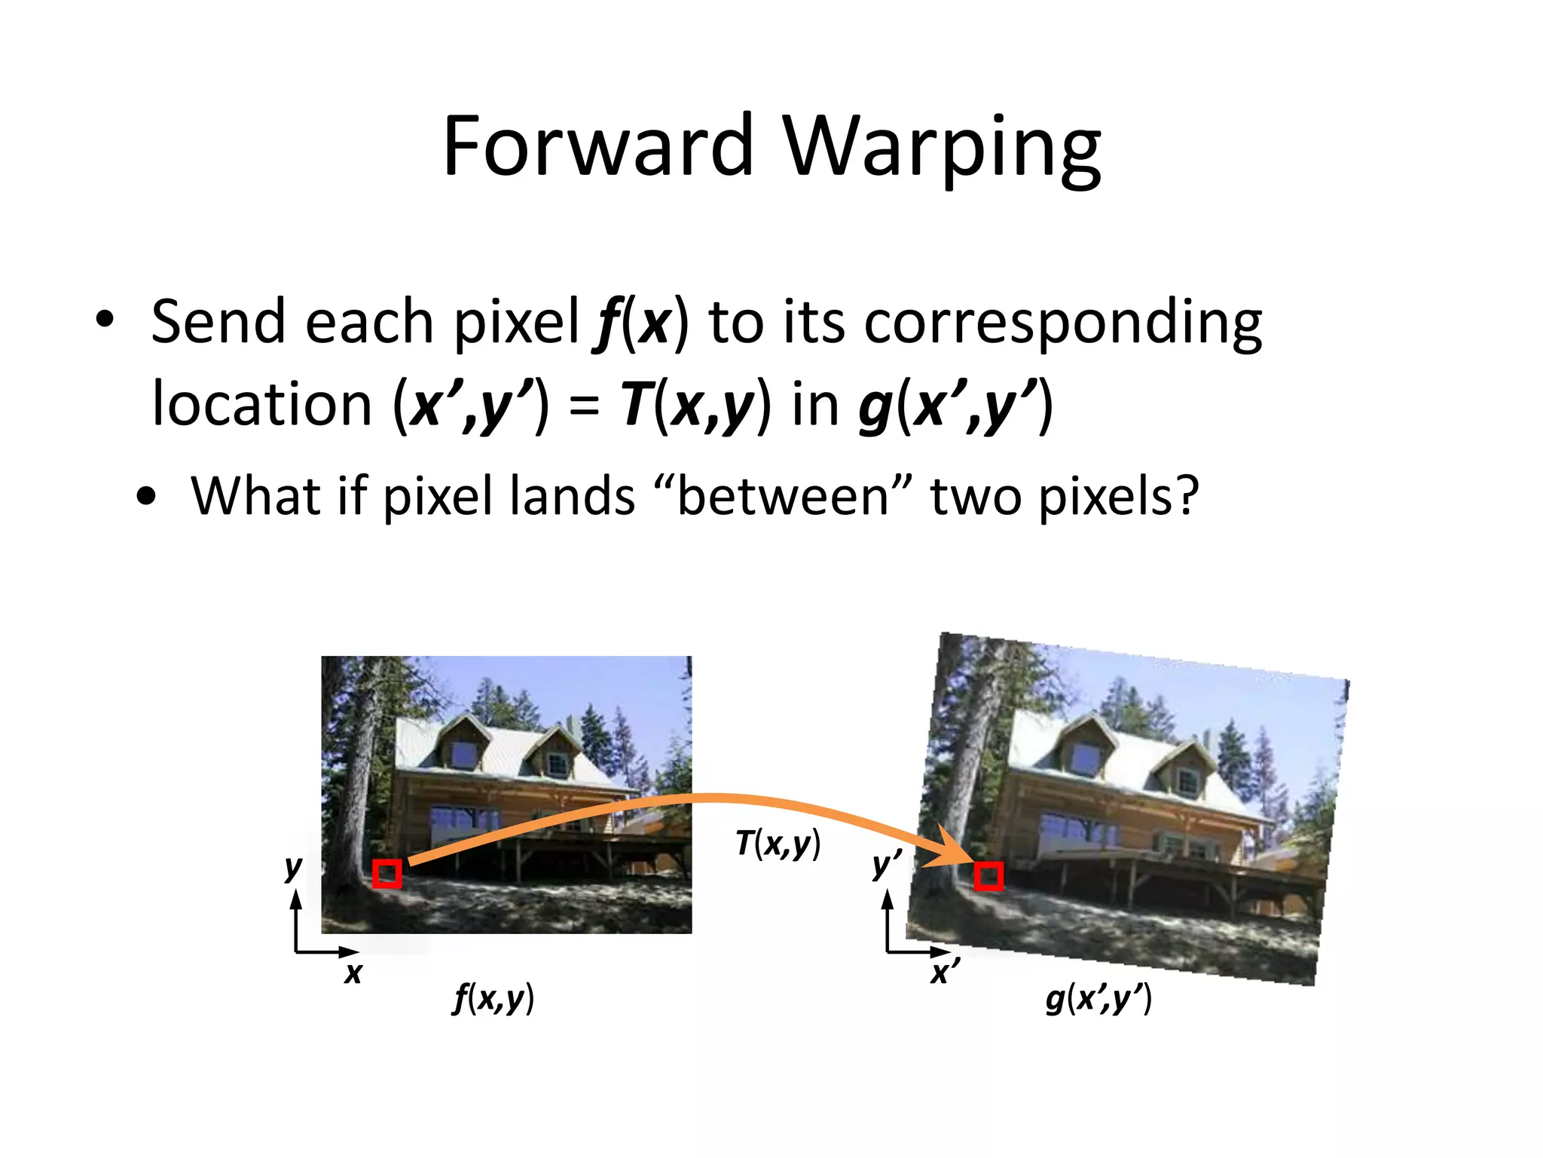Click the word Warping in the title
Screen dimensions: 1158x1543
(942, 147)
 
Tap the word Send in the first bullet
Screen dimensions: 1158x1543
(218, 322)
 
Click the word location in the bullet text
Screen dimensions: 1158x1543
(261, 405)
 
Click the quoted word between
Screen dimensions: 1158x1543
(784, 497)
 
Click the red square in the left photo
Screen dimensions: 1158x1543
(387, 875)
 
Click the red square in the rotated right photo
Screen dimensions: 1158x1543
(988, 876)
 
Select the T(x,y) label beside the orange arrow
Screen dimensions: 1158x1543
(778, 844)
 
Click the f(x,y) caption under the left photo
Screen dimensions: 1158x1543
(493, 1000)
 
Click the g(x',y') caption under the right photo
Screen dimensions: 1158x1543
(1098, 1000)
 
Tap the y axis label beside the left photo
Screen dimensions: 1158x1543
(293, 868)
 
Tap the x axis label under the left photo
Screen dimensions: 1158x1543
(353, 973)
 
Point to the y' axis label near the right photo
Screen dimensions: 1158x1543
(886, 865)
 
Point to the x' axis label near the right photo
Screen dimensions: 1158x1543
(944, 973)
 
